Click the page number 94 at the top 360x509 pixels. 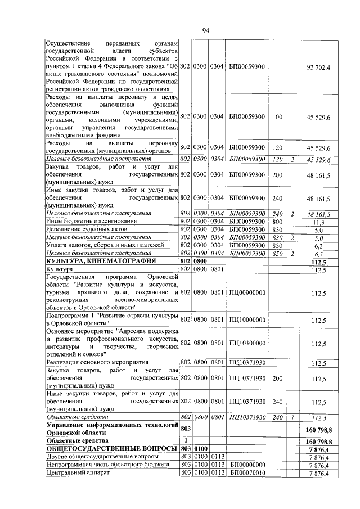tap(206, 30)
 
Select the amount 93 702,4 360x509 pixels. tap(318, 67)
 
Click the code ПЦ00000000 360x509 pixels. tap(247, 293)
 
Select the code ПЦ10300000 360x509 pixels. tap(247, 343)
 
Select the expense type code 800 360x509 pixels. tap(277, 222)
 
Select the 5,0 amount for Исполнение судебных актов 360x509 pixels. tap(318, 229)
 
